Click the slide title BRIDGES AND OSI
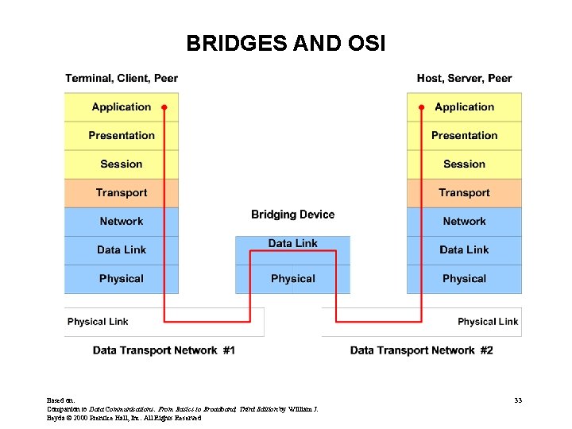pos(285,43)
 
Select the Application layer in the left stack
pos(121,107)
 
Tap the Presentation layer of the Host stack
pos(464,136)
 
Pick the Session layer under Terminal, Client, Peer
pos(121,164)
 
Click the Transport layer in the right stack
pos(464,193)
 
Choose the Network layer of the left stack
pos(121,222)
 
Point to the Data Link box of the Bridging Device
pos(292,244)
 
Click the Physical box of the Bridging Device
pos(292,279)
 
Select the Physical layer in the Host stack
pos(464,279)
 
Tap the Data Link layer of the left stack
pos(121,250)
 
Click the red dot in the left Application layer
pos(164,106)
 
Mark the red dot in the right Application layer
pos(421,106)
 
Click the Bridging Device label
pos(292,214)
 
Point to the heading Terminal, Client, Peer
pos(122,78)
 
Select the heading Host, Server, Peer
pos(464,78)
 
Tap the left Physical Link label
pos(98,322)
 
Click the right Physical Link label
pos(487,322)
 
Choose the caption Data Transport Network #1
pos(164,350)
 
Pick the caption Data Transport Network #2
pos(421,350)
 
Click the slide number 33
pos(517,400)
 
